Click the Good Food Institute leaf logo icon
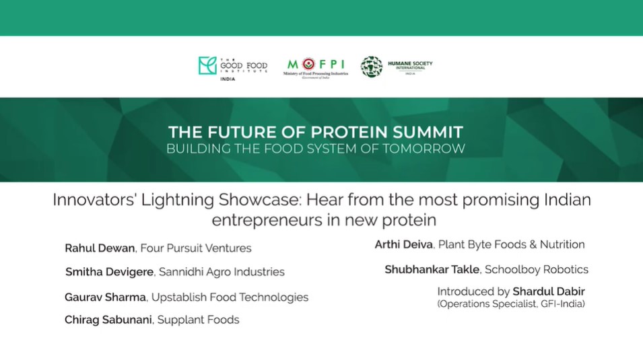[x=207, y=65]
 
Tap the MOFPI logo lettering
[x=316, y=64]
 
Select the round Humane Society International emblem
[x=372, y=67]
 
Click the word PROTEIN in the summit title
[x=349, y=133]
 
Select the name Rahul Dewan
[x=100, y=248]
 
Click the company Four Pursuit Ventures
[x=196, y=248]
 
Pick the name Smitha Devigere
[x=110, y=272]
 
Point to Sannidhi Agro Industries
[x=222, y=272]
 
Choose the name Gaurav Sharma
[x=106, y=297]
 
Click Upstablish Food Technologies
[x=230, y=297]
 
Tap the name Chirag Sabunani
[x=108, y=320]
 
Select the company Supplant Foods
[x=199, y=320]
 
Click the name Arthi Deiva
[x=403, y=244]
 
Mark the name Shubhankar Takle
[x=432, y=269]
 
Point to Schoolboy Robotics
[x=537, y=269]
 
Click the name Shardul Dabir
[x=549, y=291]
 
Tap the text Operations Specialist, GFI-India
[x=511, y=304]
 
